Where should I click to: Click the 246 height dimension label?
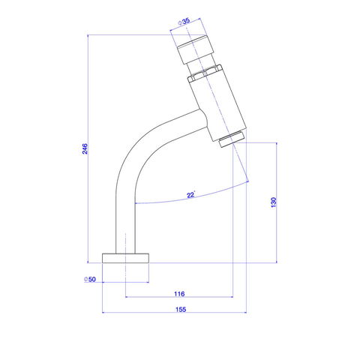[85, 148]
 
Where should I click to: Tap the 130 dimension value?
[274, 202]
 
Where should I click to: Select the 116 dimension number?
[179, 293]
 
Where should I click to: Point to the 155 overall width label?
[181, 309]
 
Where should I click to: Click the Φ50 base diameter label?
[90, 279]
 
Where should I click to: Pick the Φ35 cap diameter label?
[184, 22]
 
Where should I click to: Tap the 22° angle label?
[191, 195]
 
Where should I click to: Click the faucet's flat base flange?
[125, 258]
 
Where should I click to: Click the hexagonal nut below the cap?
[205, 73]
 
